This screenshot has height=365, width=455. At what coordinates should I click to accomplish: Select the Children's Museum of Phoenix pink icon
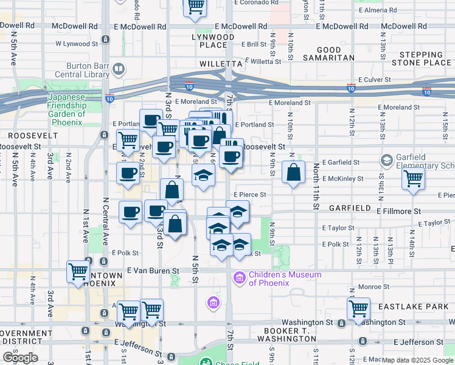tap(239, 279)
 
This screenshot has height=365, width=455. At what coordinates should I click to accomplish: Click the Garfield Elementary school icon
tap(386, 161)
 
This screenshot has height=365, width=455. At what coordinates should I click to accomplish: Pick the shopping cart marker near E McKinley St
tap(414, 179)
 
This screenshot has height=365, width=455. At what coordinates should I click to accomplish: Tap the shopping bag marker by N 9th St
tap(294, 173)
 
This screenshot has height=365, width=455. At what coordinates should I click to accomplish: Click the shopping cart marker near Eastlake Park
tap(359, 308)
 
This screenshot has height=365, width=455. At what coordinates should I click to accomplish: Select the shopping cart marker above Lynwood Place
tap(195, 6)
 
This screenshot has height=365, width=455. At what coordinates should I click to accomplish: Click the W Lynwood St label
tap(77, 44)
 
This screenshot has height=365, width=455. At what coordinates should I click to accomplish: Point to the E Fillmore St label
tap(398, 212)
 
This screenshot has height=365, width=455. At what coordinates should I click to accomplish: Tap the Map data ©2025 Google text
tap(418, 360)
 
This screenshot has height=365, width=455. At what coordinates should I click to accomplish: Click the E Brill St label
tap(254, 44)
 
